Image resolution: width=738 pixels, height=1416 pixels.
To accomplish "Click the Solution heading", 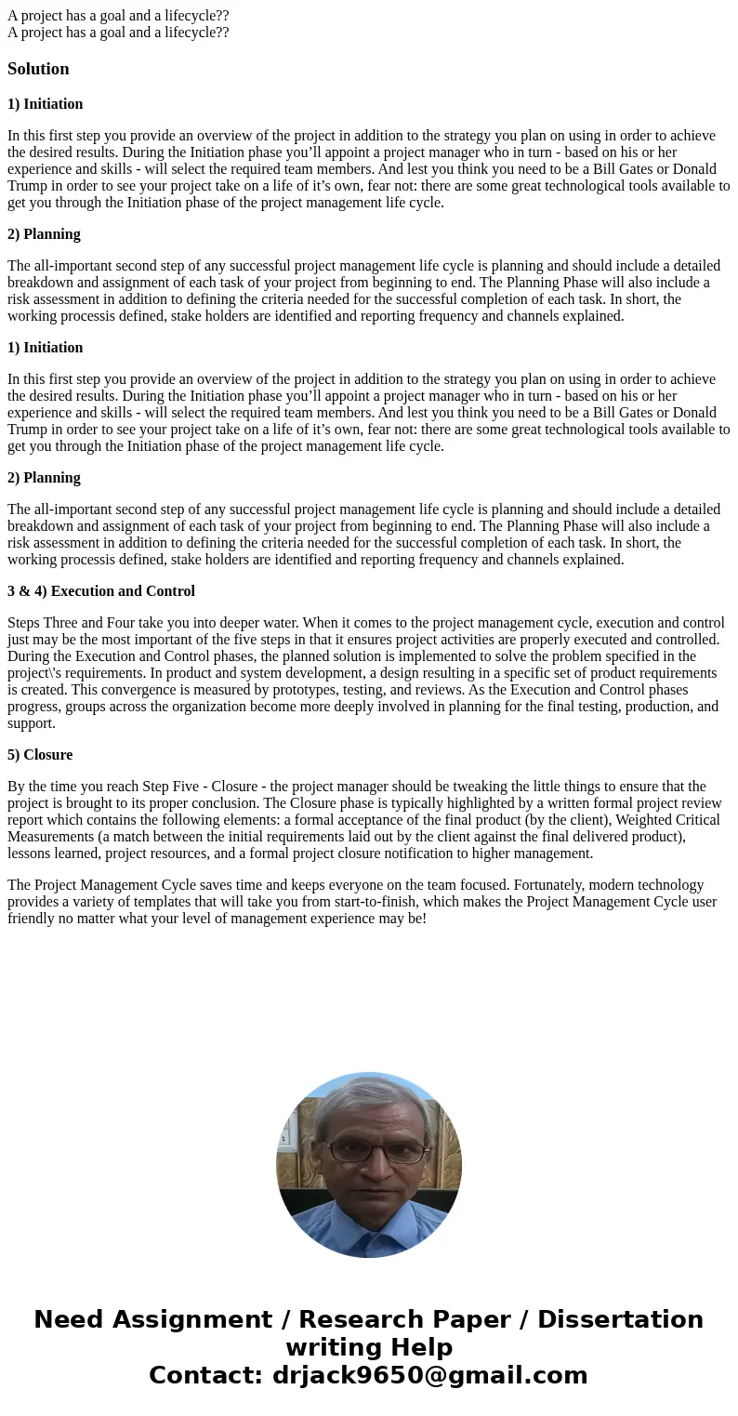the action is click(x=38, y=69).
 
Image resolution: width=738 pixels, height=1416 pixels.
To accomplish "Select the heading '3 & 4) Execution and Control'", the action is click(x=101, y=591).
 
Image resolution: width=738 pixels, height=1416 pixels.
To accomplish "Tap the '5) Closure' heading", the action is click(x=40, y=755).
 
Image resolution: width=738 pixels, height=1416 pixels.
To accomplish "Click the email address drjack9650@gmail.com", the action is click(x=429, y=1375).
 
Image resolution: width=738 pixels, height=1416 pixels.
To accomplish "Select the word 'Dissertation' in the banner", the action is click(x=620, y=1320).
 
